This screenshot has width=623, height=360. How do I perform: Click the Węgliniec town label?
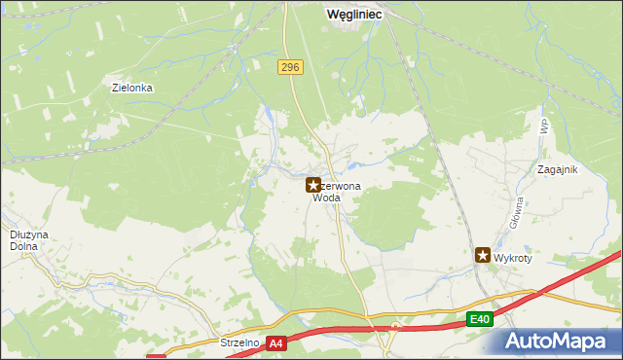point(354,15)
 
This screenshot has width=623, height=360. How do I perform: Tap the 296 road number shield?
point(290,67)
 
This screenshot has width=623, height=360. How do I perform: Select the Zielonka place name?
point(133,87)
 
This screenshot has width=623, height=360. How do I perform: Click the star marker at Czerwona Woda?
point(313,184)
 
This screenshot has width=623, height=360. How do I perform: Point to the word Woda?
point(326,198)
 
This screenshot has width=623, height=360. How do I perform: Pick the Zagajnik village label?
point(558,169)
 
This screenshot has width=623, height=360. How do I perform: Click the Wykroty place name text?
point(514,260)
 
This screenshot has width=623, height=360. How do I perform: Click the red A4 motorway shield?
point(277,342)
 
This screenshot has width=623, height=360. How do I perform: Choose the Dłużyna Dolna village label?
point(23,240)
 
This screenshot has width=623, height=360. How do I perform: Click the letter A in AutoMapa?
point(517,342)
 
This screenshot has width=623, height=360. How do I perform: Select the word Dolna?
point(24,246)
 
